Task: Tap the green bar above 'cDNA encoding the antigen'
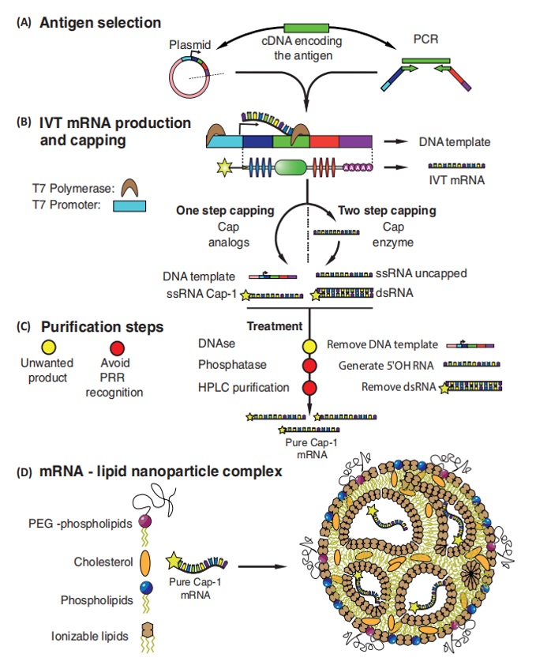pyautogui.click(x=305, y=28)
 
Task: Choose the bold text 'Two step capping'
pyautogui.click(x=386, y=211)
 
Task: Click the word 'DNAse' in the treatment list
pyautogui.click(x=216, y=344)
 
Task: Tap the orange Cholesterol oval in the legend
pyautogui.click(x=145, y=564)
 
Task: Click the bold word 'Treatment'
pyautogui.click(x=273, y=325)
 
